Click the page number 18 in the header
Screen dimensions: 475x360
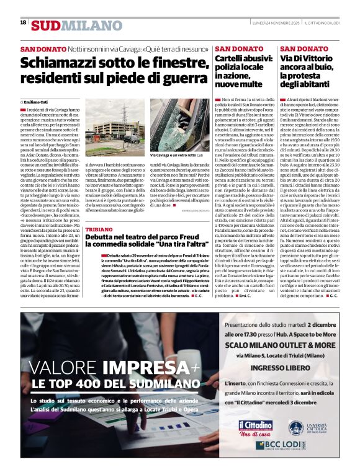pos(23,22)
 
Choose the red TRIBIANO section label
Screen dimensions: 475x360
pos(98,229)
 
